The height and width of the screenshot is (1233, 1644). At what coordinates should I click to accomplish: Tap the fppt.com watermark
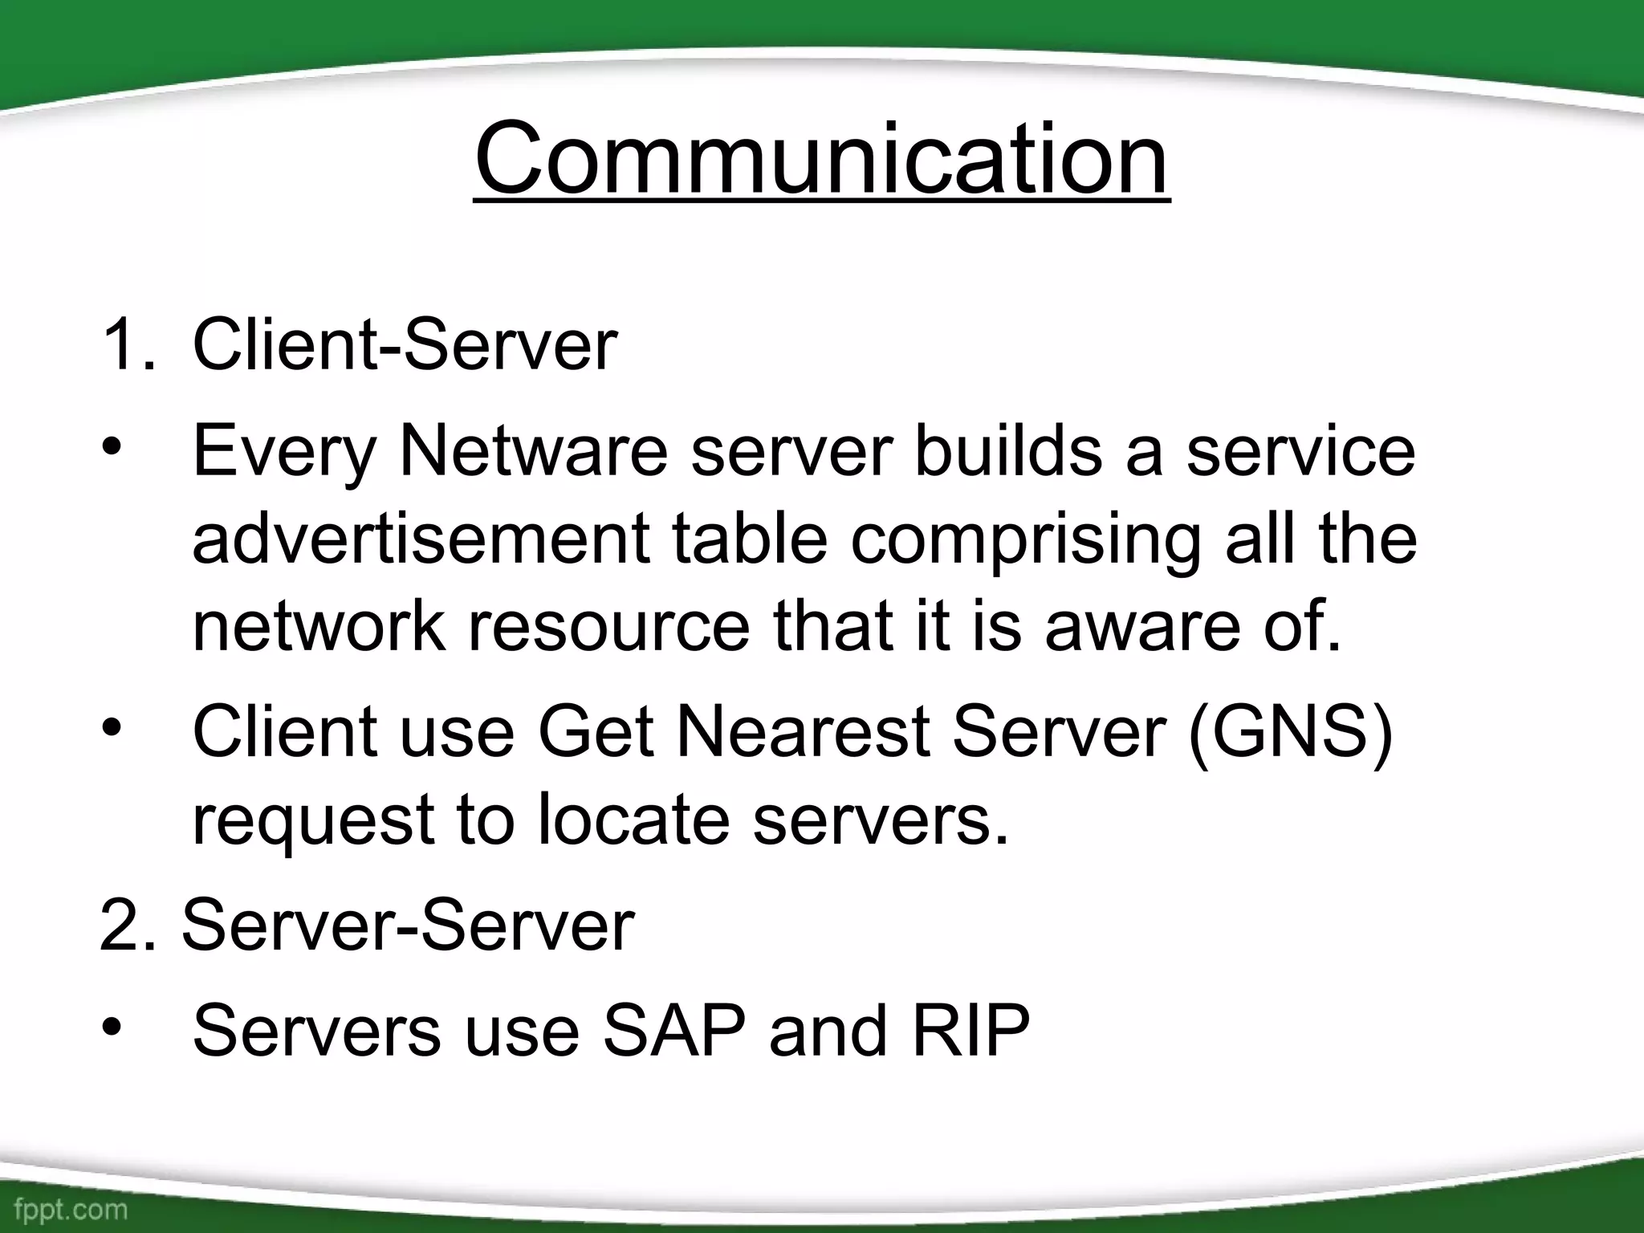tap(71, 1209)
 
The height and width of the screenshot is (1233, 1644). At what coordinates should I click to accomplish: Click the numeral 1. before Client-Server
tap(128, 345)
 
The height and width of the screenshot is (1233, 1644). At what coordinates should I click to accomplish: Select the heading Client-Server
tap(405, 345)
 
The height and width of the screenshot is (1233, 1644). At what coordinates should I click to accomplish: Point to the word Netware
tap(533, 451)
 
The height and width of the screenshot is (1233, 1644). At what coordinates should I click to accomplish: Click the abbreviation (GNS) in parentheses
tap(1290, 731)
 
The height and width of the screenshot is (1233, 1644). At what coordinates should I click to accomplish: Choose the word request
tap(313, 820)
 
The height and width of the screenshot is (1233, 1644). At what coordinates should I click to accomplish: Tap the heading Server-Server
tap(408, 926)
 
